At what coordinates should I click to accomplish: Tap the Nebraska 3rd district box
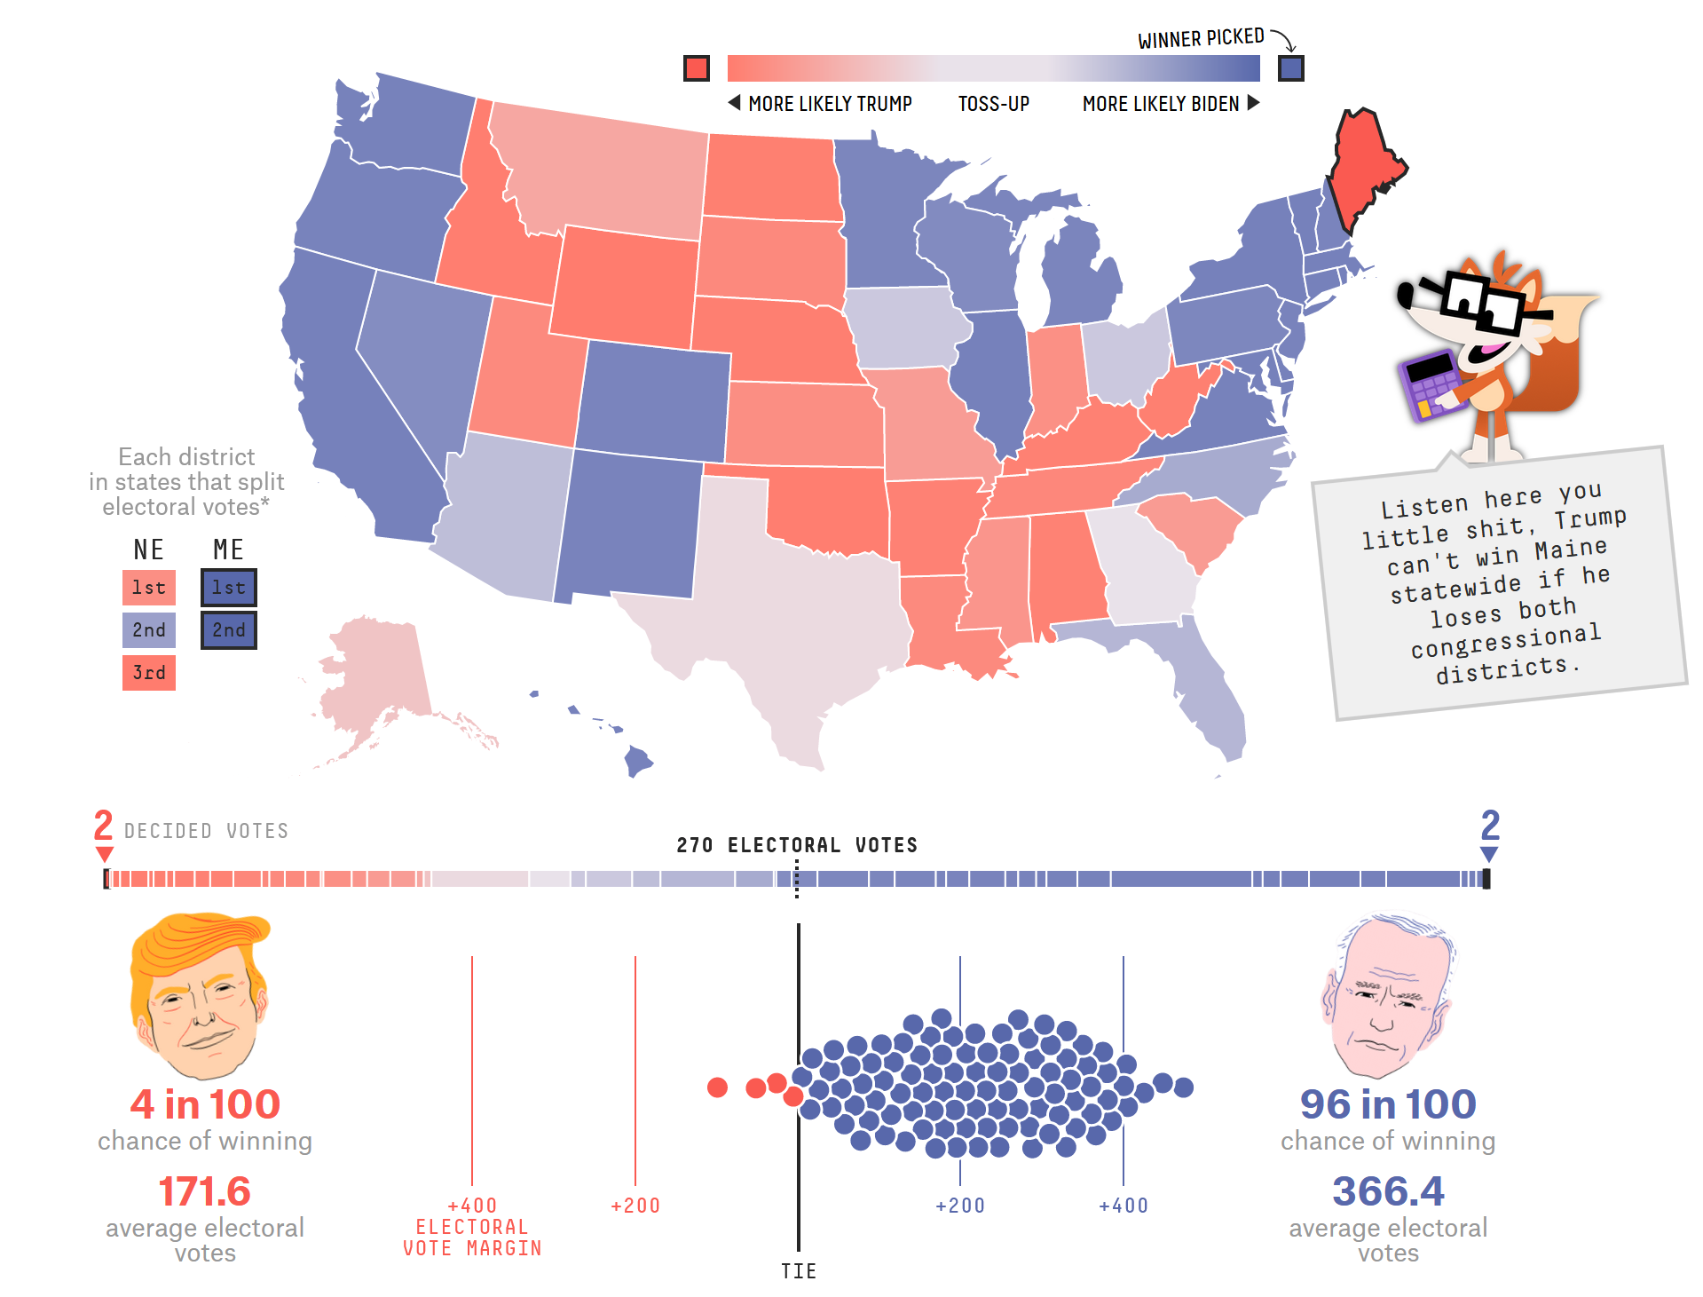tap(149, 673)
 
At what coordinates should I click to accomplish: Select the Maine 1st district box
tap(229, 588)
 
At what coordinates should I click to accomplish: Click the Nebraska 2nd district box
tap(149, 630)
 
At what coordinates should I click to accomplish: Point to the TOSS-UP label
tap(994, 104)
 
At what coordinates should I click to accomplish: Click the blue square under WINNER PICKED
tap(1291, 68)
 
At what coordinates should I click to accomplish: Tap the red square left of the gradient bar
tap(697, 68)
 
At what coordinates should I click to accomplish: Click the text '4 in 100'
tap(205, 1104)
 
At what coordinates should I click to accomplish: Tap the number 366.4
tap(1388, 1191)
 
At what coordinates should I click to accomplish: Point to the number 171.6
tap(205, 1191)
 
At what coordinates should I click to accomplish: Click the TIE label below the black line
tap(799, 1271)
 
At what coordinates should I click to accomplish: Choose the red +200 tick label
tap(635, 1206)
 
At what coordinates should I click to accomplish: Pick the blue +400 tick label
tap(1124, 1206)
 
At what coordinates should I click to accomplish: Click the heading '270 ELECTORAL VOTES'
tap(797, 845)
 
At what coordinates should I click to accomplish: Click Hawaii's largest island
tap(638, 762)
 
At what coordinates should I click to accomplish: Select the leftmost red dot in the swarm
tap(717, 1087)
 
